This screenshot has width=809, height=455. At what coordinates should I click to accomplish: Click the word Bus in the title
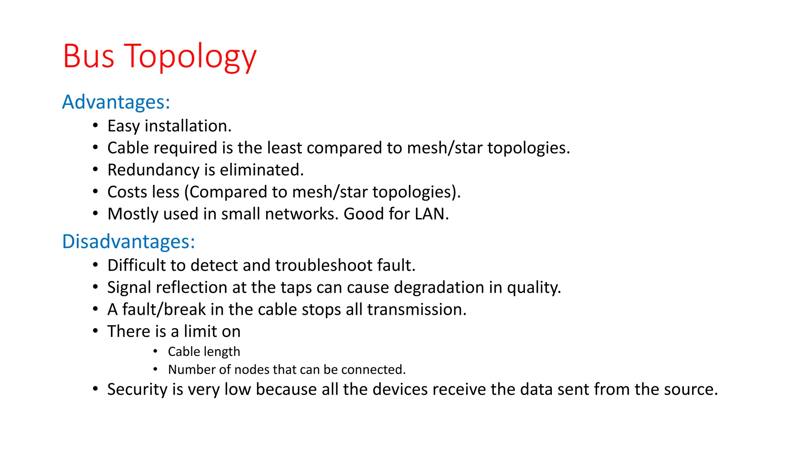[x=88, y=56]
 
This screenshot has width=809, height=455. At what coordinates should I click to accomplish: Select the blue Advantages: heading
[x=116, y=102]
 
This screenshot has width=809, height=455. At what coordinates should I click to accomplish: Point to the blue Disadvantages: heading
[x=129, y=241]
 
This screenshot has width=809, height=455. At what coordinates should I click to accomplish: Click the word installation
[x=188, y=126]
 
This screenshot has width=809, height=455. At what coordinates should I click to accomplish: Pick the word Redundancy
[x=153, y=170]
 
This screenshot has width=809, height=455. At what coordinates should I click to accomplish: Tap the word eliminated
[x=262, y=170]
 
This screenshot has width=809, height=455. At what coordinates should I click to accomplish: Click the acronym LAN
[x=431, y=214]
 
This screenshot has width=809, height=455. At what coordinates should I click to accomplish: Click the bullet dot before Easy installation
[x=95, y=126]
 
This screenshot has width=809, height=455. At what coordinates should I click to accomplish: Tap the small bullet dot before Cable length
[x=156, y=351]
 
